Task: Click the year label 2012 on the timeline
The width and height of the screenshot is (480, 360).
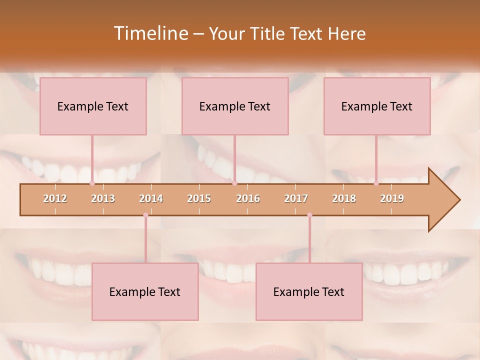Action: [x=55, y=198]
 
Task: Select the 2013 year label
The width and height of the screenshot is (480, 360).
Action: [x=103, y=198]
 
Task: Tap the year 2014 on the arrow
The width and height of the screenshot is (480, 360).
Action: [x=151, y=198]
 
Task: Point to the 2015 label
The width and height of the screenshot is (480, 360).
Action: [x=199, y=198]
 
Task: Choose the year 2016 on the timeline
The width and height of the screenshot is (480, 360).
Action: [x=248, y=198]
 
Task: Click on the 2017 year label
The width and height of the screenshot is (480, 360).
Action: [x=296, y=198]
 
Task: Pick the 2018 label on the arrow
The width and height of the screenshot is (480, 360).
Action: [x=344, y=198]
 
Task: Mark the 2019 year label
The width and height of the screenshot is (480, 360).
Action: [x=392, y=198]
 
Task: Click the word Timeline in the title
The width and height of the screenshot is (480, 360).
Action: [x=150, y=33]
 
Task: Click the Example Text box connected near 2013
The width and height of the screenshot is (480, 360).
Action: [x=93, y=106]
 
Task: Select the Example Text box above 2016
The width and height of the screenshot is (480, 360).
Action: [x=235, y=106]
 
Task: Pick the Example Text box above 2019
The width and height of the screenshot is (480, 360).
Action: [x=377, y=106]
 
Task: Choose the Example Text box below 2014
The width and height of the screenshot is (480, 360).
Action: [x=145, y=292]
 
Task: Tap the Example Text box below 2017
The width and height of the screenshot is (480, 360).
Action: [x=309, y=292]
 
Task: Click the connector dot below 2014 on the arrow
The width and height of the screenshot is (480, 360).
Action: [x=145, y=215]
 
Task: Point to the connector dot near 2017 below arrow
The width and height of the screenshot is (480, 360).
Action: [x=309, y=215]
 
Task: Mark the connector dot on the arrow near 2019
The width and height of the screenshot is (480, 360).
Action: [x=376, y=183]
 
